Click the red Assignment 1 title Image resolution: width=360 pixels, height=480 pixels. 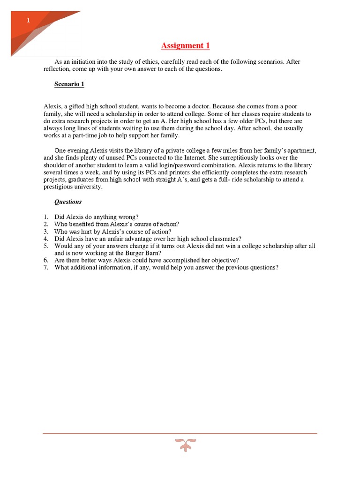(x=185, y=45)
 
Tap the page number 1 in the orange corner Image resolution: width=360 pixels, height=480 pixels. (x=28, y=20)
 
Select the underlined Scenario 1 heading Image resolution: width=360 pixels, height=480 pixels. (x=69, y=84)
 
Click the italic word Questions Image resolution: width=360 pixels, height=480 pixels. (x=68, y=202)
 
